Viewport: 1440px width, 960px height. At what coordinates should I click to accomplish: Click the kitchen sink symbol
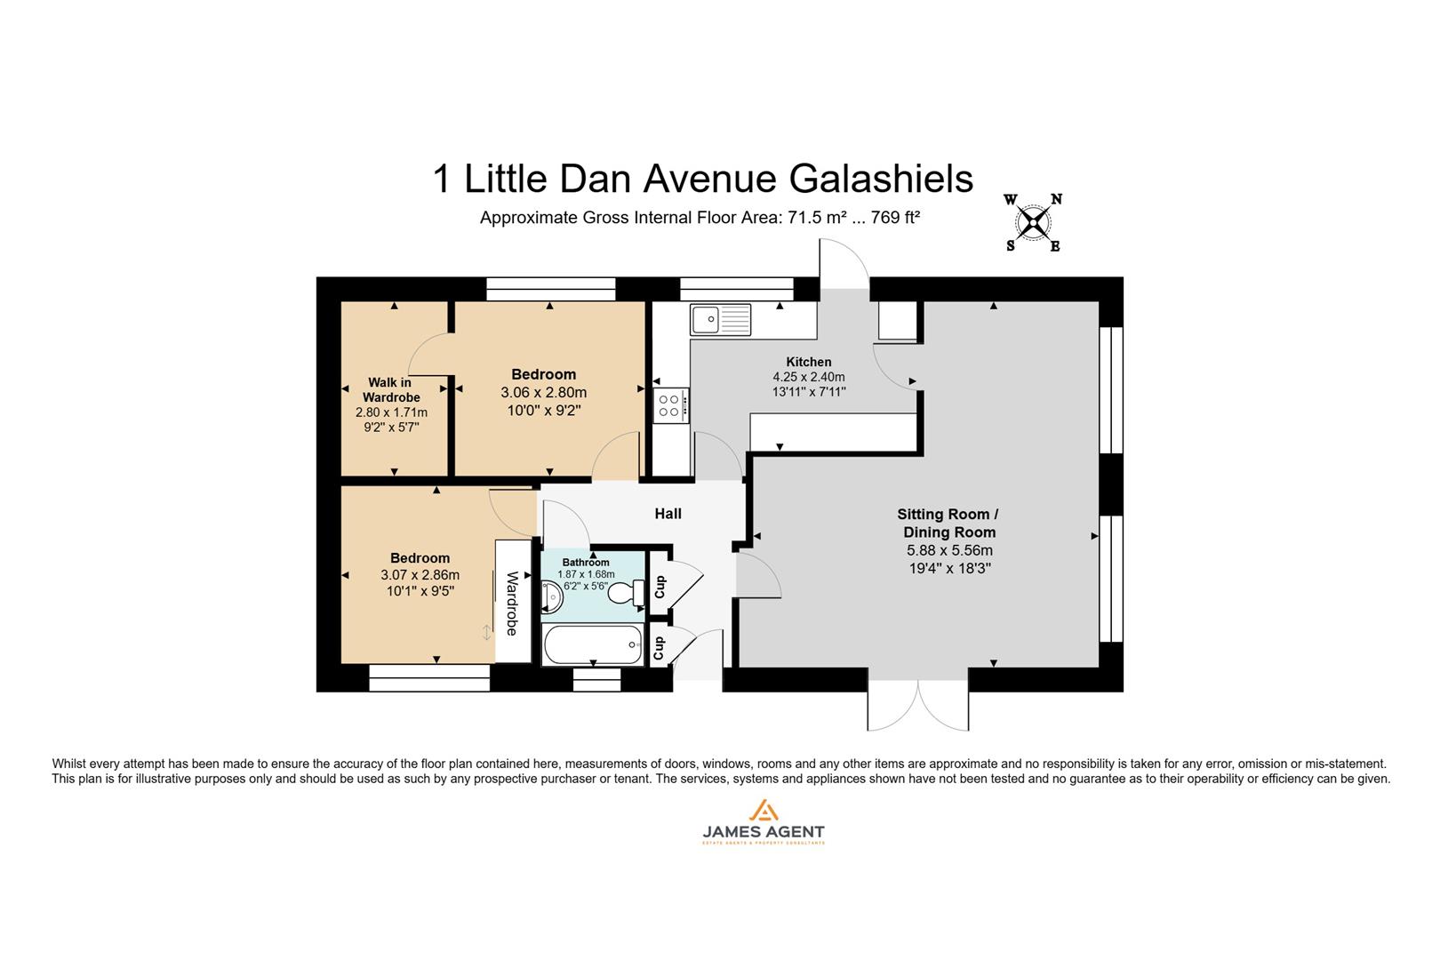coord(720,319)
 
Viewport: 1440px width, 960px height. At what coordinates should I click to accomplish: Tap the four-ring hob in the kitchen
coord(669,406)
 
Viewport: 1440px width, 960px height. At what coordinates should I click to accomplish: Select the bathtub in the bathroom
coord(592,644)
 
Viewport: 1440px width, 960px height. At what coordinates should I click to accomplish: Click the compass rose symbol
coord(1033,222)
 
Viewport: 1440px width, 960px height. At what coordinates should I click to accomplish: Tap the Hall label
coord(668,514)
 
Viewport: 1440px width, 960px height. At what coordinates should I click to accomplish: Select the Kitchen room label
coord(808,362)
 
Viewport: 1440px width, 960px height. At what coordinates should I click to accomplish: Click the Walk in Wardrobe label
coord(391,389)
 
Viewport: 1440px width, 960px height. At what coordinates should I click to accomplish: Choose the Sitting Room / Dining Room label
coord(948,523)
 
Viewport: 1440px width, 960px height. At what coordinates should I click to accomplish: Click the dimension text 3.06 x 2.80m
coord(543,392)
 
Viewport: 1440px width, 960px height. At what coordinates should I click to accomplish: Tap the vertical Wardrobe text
coord(512,603)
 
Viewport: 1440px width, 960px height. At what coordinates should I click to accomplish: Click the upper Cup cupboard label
coord(660,586)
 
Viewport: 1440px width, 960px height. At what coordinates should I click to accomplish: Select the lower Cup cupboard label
coord(659,648)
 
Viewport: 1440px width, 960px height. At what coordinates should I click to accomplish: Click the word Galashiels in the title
coord(881,179)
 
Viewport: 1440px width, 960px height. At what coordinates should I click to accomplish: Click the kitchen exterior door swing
coord(843,263)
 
